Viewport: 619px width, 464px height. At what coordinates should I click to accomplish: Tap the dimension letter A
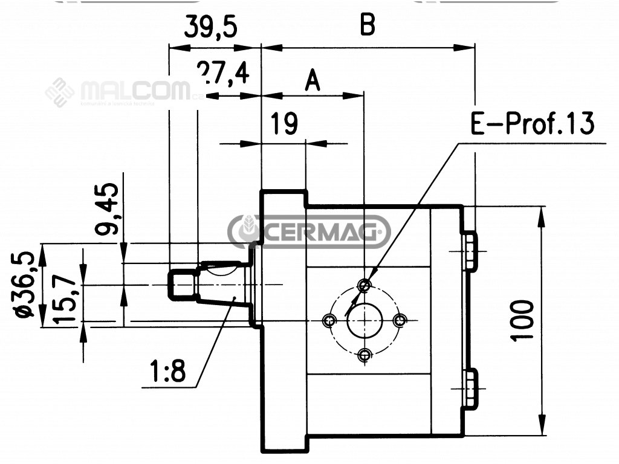(312, 80)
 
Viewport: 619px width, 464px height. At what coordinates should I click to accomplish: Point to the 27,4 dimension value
(223, 74)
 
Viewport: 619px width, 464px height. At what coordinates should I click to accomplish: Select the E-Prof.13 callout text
(532, 124)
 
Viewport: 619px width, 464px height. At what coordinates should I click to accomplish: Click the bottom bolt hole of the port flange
(364, 355)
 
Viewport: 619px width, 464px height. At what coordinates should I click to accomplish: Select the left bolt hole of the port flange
(329, 320)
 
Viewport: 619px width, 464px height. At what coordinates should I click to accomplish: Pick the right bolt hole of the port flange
(399, 320)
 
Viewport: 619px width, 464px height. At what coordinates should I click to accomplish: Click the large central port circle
(364, 320)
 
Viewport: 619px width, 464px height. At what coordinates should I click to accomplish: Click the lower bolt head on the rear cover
(470, 386)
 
